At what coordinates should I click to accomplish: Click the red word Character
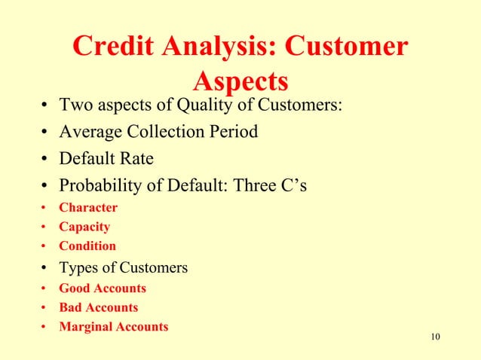(x=89, y=207)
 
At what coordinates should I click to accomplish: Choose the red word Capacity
(x=84, y=227)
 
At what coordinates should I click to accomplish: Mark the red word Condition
(x=87, y=246)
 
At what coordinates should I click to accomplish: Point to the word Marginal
(x=87, y=327)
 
